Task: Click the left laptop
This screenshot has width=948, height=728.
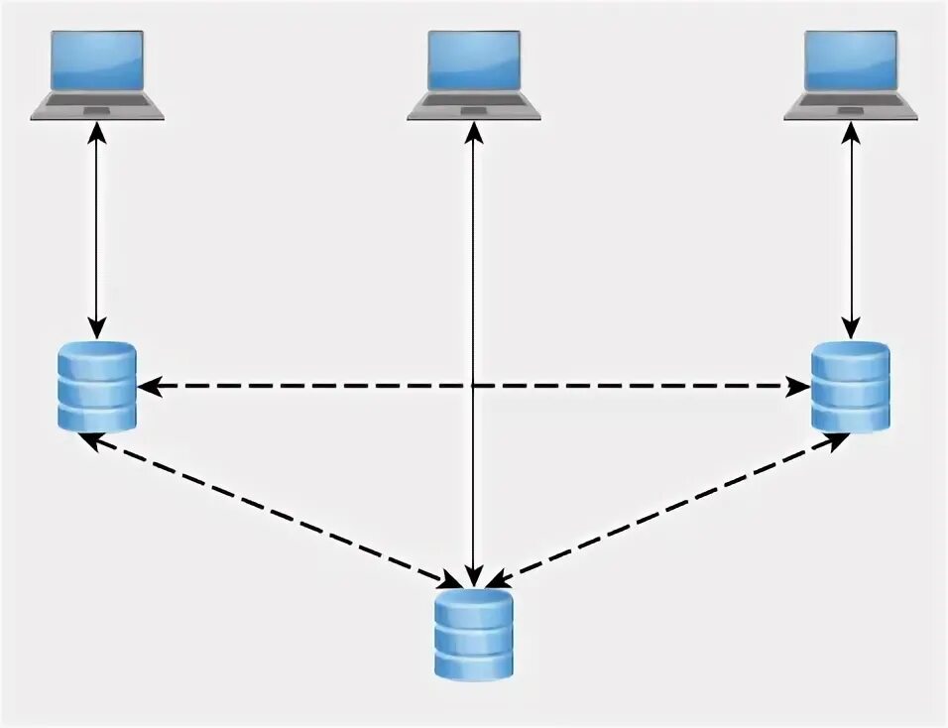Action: pyautogui.click(x=97, y=74)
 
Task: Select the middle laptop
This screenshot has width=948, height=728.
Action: pyautogui.click(x=474, y=74)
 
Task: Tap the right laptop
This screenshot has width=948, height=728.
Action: pyautogui.click(x=851, y=74)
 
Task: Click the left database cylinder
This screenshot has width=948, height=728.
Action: pyautogui.click(x=96, y=387)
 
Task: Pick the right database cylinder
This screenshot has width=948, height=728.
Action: pyautogui.click(x=851, y=387)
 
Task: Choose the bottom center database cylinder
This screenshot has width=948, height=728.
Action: pyautogui.click(x=474, y=635)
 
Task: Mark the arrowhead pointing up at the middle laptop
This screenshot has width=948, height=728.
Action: pyautogui.click(x=474, y=131)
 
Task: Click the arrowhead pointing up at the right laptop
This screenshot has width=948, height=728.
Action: pyautogui.click(x=851, y=131)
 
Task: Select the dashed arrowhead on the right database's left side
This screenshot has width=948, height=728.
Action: pyautogui.click(x=799, y=387)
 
